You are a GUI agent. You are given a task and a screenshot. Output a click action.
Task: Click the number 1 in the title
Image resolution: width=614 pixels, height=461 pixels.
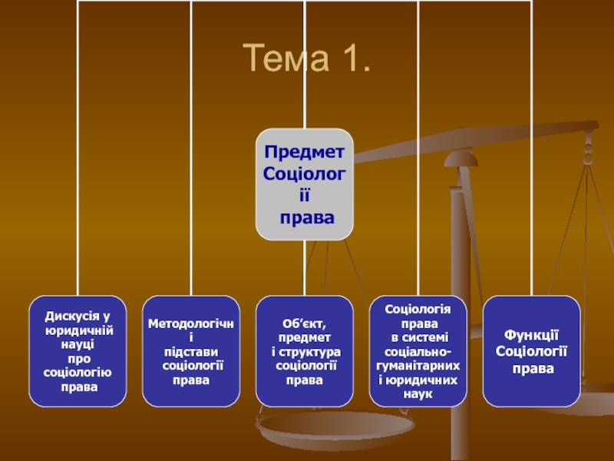click(348, 59)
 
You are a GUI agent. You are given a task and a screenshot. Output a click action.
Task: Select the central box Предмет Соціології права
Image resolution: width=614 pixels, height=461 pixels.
click(305, 184)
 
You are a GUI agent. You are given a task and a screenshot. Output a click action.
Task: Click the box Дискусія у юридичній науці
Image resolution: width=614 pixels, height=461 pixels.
click(78, 351)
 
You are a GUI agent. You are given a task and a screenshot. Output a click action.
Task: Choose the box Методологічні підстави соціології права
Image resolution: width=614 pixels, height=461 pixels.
click(191, 351)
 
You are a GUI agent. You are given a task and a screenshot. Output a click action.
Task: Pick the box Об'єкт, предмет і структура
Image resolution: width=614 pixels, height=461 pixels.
click(305, 351)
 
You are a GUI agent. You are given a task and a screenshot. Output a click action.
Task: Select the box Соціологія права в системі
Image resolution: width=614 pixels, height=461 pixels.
click(418, 351)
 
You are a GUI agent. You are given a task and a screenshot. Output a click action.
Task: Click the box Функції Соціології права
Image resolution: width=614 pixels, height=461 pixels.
click(532, 351)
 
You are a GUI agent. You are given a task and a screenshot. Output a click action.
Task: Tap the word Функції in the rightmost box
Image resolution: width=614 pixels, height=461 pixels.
click(531, 336)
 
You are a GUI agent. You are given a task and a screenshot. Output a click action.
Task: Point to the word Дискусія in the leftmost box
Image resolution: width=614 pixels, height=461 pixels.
click(73, 316)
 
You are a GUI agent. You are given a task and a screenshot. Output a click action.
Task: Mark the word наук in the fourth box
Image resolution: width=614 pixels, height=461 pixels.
click(418, 394)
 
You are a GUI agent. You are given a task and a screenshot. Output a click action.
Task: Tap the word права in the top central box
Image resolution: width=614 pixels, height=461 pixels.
click(307, 218)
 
